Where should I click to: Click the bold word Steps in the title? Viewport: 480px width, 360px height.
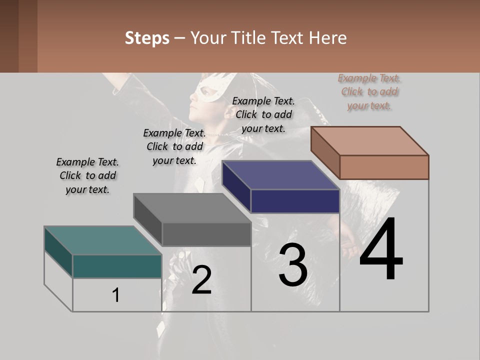pyautogui.click(x=147, y=38)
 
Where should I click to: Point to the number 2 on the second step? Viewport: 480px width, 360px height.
pyautogui.click(x=201, y=280)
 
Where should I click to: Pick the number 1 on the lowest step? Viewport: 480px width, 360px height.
pyautogui.click(x=115, y=295)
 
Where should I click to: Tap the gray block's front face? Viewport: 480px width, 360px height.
pyautogui.click(x=206, y=234)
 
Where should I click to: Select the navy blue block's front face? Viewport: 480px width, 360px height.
pyautogui.click(x=295, y=201)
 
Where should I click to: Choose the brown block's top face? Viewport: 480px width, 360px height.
pyautogui.click(x=370, y=140)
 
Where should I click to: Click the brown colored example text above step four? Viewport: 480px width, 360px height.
pyautogui.click(x=369, y=92)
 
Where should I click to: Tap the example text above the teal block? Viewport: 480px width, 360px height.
pyautogui.click(x=87, y=175)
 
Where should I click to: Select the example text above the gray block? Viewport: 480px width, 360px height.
pyautogui.click(x=174, y=146)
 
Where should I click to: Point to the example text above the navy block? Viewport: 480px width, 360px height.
pyautogui.click(x=263, y=114)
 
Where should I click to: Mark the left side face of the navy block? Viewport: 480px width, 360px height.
pyautogui.click(x=236, y=186)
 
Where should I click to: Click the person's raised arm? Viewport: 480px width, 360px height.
pyautogui.click(x=130, y=87)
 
